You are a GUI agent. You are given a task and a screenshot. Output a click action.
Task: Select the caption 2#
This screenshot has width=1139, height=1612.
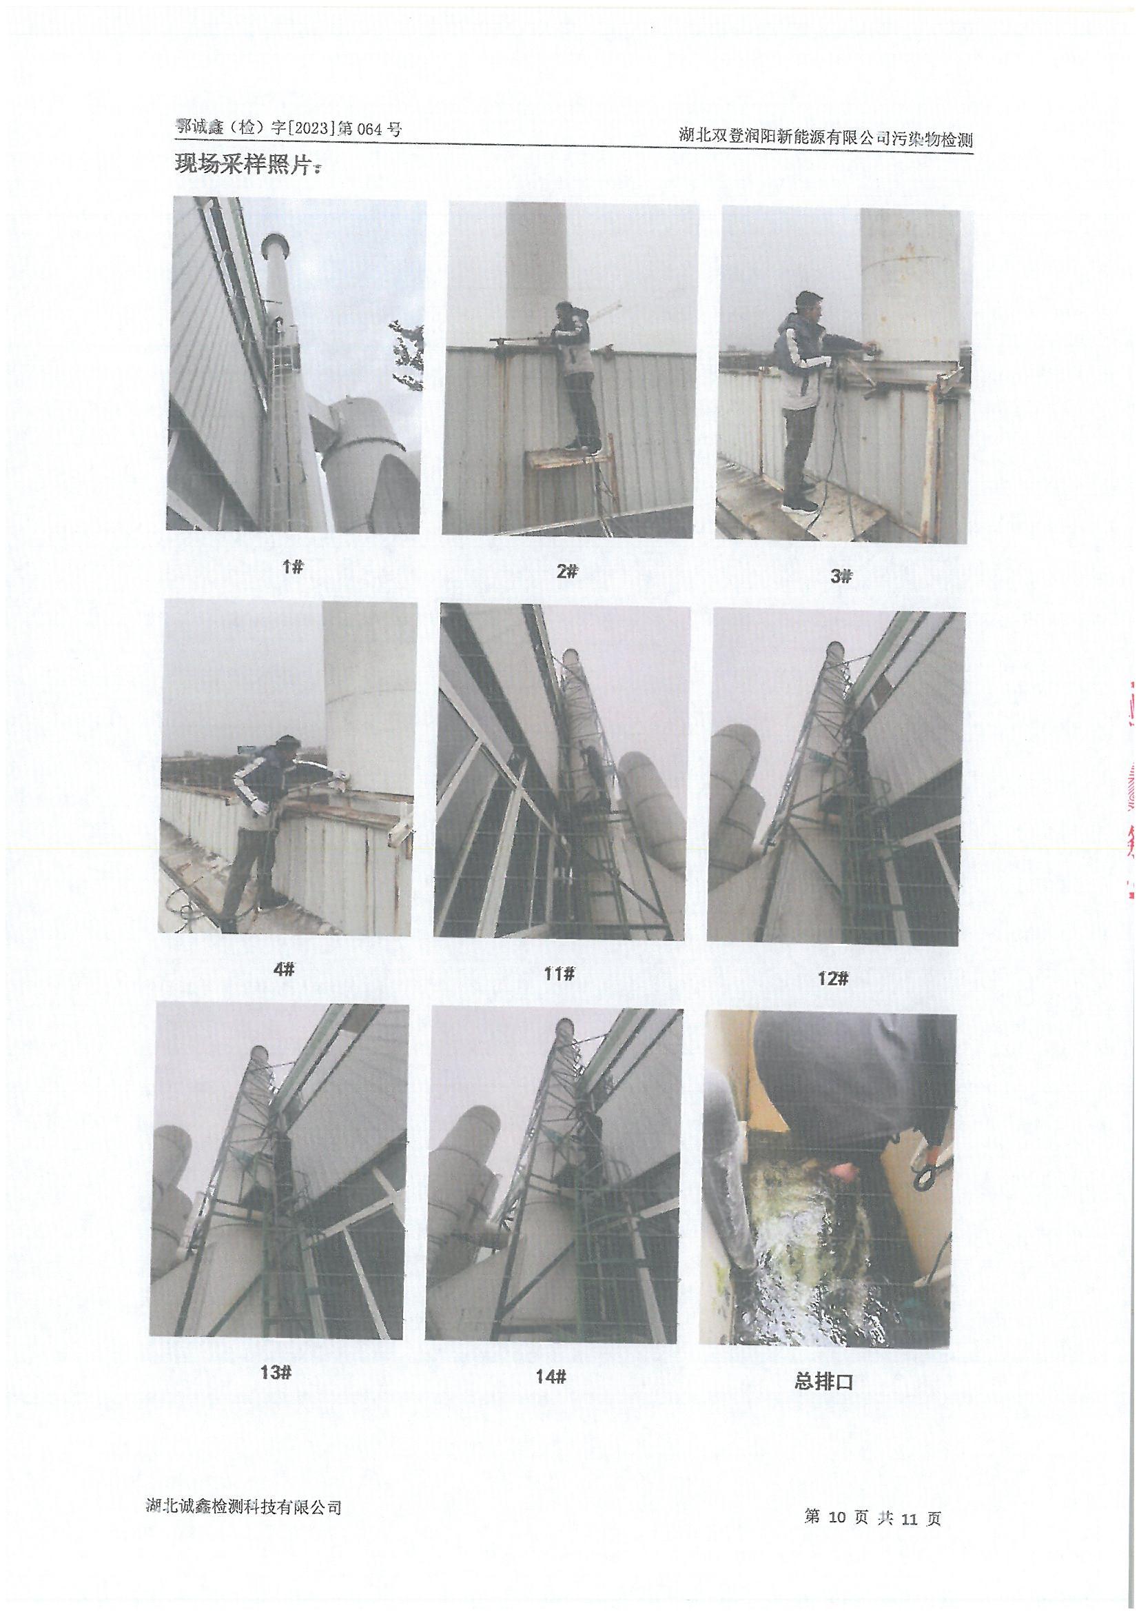point(566,572)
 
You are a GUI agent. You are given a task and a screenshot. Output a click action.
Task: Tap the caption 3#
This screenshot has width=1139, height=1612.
point(841,576)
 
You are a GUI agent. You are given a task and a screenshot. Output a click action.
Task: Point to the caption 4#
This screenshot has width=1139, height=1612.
point(283,969)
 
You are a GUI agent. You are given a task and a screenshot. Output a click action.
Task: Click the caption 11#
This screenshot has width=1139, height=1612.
point(560,973)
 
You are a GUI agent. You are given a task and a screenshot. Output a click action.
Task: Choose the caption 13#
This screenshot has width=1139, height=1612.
point(275,1372)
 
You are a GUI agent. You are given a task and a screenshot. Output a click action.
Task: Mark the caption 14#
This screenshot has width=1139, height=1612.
point(551,1377)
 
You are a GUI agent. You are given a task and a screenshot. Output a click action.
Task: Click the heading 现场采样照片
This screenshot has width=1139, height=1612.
point(248,165)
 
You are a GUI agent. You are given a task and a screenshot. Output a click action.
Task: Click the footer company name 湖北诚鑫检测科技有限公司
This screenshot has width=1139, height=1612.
point(243,1501)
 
